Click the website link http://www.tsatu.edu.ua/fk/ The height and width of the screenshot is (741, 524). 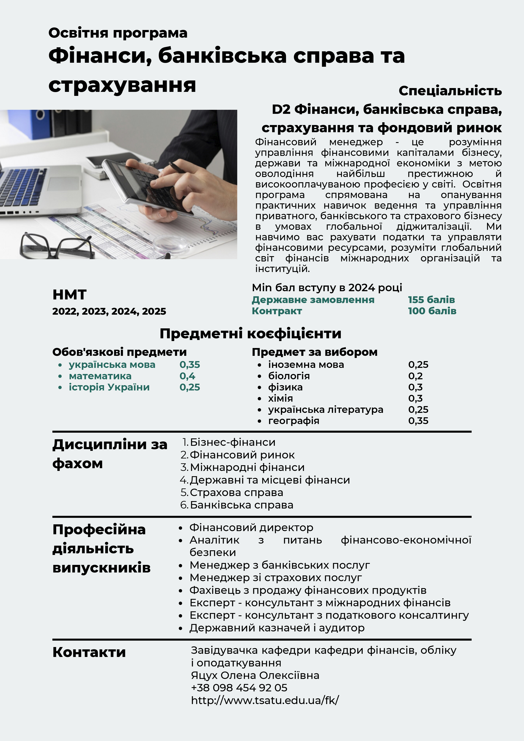265,700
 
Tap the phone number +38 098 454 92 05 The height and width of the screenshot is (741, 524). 239,688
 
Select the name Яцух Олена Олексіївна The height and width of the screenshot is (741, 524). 255,675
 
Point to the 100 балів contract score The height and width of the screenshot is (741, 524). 432,311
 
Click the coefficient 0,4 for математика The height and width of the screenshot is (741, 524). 187,376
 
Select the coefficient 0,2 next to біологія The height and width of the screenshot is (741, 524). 415,376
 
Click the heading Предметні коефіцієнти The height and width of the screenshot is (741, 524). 250,333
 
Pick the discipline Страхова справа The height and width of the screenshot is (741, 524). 236,492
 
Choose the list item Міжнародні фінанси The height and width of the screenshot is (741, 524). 247,467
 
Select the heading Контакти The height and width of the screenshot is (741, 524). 89,652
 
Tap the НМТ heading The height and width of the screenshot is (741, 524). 69,295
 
